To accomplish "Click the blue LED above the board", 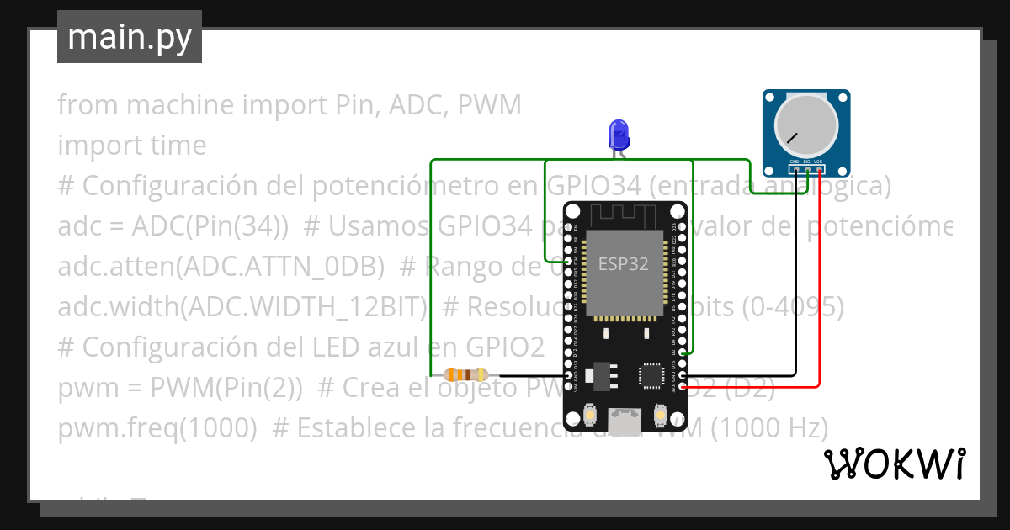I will [x=619, y=133].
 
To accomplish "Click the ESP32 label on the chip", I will [x=623, y=263].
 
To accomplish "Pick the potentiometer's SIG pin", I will [x=807, y=170].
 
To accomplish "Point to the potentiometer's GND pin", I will [x=795, y=170].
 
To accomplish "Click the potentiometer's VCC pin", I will [x=819, y=170].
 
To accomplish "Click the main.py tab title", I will [x=129, y=37].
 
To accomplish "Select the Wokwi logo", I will [x=894, y=464].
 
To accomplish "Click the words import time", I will [x=131, y=146].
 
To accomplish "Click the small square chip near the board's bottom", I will [x=652, y=374].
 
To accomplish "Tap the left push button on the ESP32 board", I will [x=588, y=415].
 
